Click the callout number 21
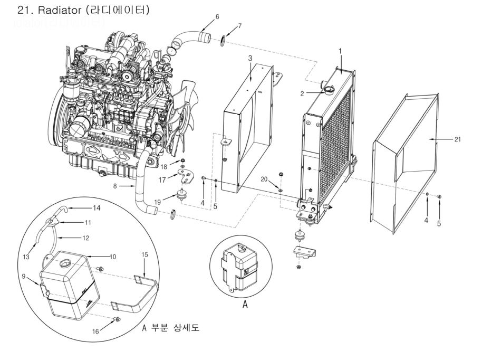pyautogui.click(x=457, y=139)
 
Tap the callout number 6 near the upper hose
pyautogui.click(x=217, y=16)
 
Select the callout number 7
pyautogui.click(x=240, y=26)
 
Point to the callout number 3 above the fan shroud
pyautogui.click(x=250, y=58)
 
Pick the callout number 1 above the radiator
pyautogui.click(x=340, y=51)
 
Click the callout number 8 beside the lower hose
pyautogui.click(x=115, y=186)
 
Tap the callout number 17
pyautogui.click(x=162, y=179)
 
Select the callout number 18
pyautogui.click(x=164, y=166)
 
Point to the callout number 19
pyautogui.click(x=157, y=202)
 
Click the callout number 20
pyautogui.click(x=264, y=179)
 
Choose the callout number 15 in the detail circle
pyautogui.click(x=145, y=254)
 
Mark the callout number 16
pyautogui.click(x=95, y=331)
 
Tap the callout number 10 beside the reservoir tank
pyautogui.click(x=113, y=257)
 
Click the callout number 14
pyautogui.click(x=97, y=208)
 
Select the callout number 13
pyautogui.click(x=26, y=257)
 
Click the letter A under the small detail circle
pyautogui.click(x=245, y=304)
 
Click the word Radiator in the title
pyautogui.click(x=60, y=10)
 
